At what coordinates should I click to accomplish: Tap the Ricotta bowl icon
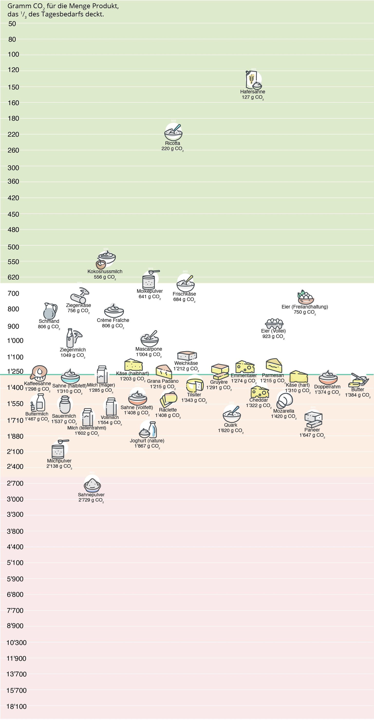(x=173, y=133)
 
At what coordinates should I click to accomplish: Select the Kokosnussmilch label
(x=105, y=271)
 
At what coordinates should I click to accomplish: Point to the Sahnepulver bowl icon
(x=92, y=484)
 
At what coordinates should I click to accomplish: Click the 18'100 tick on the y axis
(x=17, y=706)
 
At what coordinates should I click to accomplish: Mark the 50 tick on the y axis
(x=12, y=24)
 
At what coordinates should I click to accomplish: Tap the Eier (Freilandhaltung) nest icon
(x=305, y=297)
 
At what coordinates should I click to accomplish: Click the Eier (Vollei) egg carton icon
(x=274, y=323)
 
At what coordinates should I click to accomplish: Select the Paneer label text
(x=312, y=430)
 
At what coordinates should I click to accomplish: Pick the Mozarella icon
(x=284, y=400)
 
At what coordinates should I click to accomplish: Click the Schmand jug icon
(x=50, y=311)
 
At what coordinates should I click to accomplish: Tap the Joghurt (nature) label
(x=147, y=441)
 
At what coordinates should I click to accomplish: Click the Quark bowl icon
(x=232, y=415)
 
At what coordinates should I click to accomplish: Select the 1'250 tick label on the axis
(x=15, y=371)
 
